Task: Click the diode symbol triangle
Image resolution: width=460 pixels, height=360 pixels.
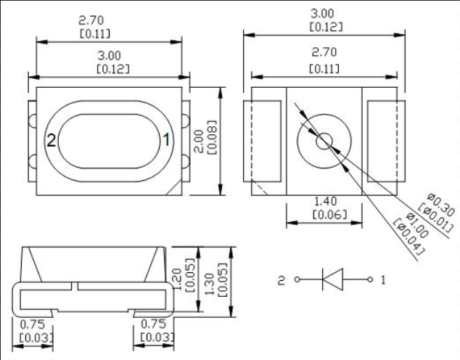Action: coord(332,279)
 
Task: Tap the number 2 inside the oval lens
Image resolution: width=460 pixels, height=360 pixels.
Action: coord(52,140)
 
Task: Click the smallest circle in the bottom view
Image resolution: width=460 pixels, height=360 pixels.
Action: coord(324,140)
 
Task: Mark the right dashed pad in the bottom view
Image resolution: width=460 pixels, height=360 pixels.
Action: coord(385,140)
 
